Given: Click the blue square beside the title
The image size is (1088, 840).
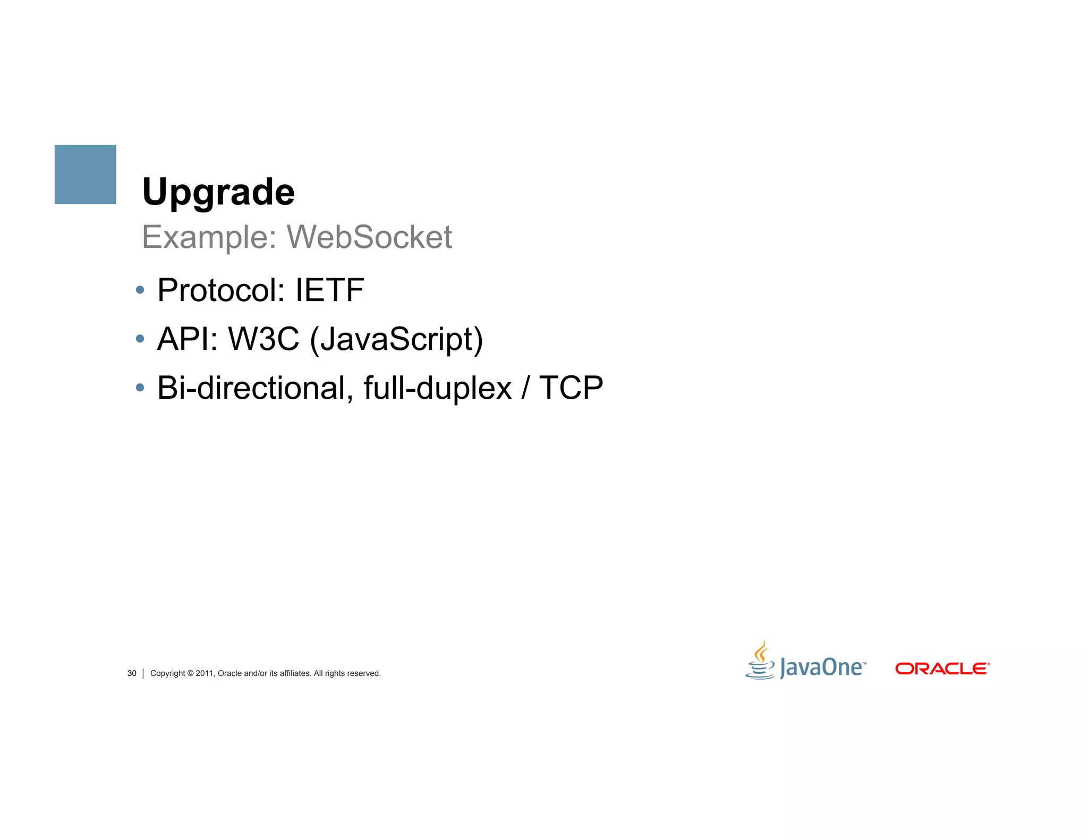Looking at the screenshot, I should [x=85, y=174].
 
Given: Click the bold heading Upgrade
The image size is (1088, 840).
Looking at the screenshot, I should [x=218, y=192].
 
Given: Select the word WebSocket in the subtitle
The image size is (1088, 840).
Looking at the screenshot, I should [x=369, y=237].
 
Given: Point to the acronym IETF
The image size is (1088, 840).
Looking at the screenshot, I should [x=329, y=290].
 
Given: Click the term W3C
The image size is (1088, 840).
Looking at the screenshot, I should [x=263, y=339].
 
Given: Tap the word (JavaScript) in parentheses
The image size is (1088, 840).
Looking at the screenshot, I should [x=396, y=340].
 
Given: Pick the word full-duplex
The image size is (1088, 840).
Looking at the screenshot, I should [x=437, y=389].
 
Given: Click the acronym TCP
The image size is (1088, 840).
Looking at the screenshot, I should [x=571, y=388].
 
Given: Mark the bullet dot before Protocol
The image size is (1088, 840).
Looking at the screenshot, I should [x=140, y=290].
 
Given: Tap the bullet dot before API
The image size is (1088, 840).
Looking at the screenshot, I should [x=140, y=339].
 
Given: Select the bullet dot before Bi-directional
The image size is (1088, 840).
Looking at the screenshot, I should [x=140, y=388].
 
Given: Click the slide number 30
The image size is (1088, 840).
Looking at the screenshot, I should [x=132, y=673].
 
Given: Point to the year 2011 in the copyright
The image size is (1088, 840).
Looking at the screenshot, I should [x=204, y=673].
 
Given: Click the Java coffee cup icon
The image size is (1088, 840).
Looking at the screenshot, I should [x=760, y=661].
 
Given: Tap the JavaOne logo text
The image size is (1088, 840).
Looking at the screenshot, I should [x=821, y=668].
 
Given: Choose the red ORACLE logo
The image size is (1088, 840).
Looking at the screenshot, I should [x=942, y=668].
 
